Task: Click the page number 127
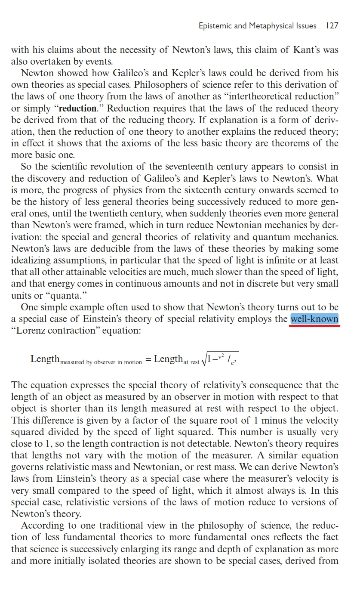tap(332, 26)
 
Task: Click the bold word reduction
tap(77, 108)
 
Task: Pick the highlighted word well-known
tap(314, 319)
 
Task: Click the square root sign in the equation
tap(204, 359)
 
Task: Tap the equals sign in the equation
tap(148, 359)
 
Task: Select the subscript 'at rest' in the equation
tap(191, 362)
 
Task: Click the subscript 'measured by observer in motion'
tap(101, 362)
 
